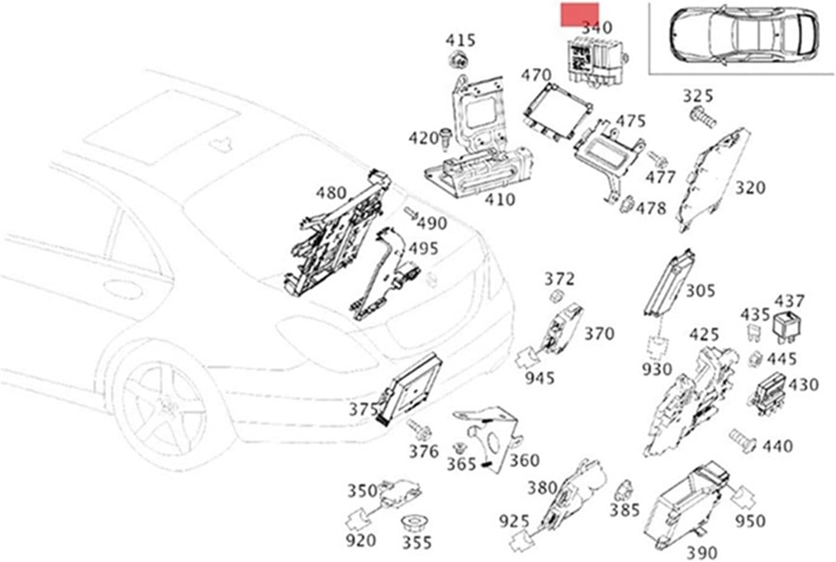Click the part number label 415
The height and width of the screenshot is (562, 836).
(x=460, y=40)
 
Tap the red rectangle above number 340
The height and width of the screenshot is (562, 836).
(x=580, y=14)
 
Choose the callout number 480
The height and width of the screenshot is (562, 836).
(x=330, y=193)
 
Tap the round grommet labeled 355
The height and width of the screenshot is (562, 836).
(x=416, y=524)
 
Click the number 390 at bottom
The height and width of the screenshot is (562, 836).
(x=702, y=553)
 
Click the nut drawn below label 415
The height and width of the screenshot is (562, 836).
(x=457, y=60)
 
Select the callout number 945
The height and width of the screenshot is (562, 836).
(x=539, y=377)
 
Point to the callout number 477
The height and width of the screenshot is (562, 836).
(x=660, y=176)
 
